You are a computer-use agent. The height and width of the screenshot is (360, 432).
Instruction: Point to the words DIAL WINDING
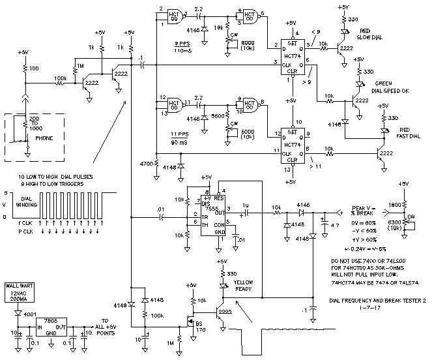coord(27,203)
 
